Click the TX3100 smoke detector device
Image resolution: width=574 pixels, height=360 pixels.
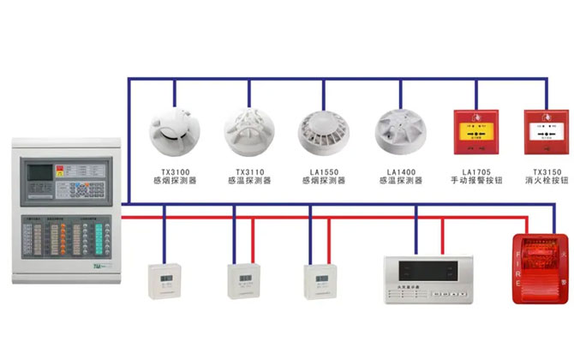pyautogui.click(x=174, y=131)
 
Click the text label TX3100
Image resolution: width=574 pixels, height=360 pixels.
pyautogui.click(x=174, y=171)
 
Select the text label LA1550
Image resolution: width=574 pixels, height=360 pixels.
pyautogui.click(x=323, y=171)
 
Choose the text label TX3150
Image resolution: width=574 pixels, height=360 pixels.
pyautogui.click(x=546, y=171)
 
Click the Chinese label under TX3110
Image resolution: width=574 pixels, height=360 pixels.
pyautogui.click(x=248, y=181)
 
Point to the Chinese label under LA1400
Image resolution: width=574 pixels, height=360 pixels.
pyautogui.click(x=399, y=181)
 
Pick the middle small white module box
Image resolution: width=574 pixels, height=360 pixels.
pyautogui.click(x=242, y=280)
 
